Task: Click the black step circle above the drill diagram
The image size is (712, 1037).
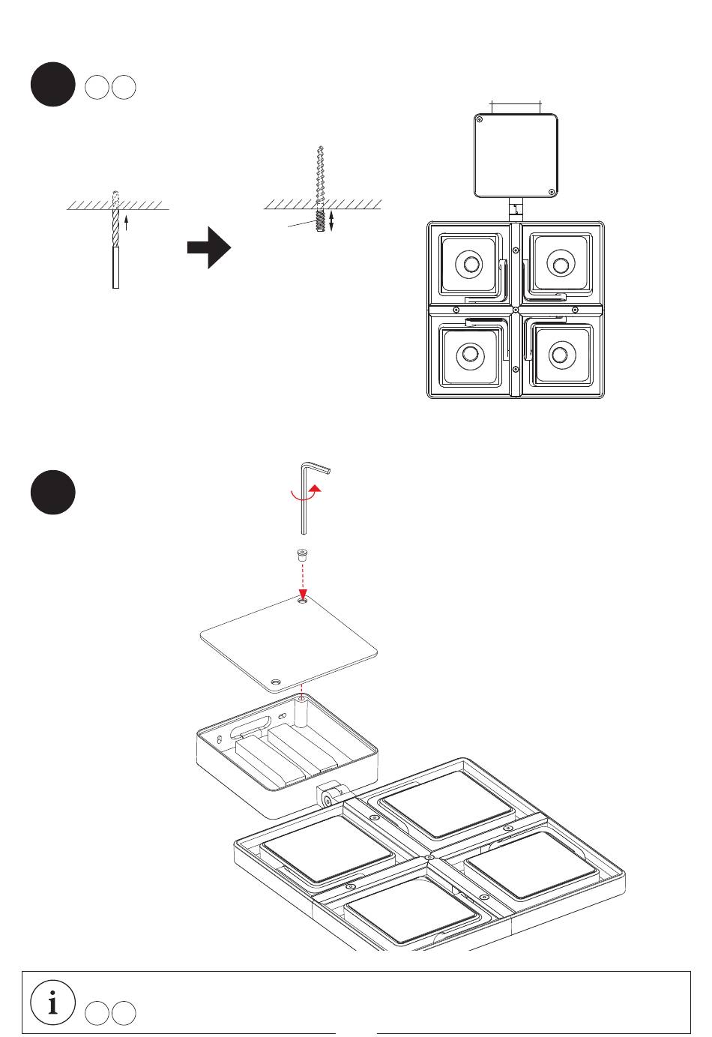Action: coord(52,85)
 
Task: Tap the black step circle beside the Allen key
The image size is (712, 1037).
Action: coord(52,492)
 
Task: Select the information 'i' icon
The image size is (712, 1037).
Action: coord(53,1003)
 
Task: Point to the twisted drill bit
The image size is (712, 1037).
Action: coord(115,220)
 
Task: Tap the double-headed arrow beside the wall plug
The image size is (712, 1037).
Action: coord(331,220)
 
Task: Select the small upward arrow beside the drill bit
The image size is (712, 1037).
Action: coord(127,222)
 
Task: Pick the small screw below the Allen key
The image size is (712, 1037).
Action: coord(302,556)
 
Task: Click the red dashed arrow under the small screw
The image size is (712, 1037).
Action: coord(303,582)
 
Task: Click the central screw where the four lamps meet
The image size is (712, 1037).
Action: coord(515,310)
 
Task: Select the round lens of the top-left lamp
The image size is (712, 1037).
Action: coord(471,265)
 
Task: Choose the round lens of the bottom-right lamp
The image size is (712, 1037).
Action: coord(558,354)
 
